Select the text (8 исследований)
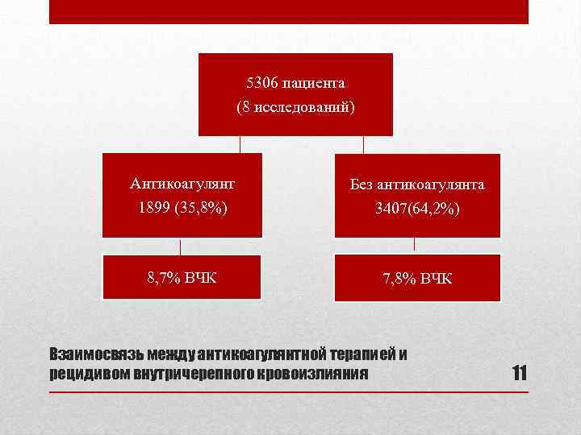tap(295, 106)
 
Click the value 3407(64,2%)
tap(417, 209)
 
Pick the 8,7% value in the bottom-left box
tap(163, 279)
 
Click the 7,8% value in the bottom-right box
tap(399, 279)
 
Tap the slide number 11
tap(519, 373)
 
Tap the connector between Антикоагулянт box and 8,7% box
tap(180, 246)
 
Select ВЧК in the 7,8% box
tap(436, 279)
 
